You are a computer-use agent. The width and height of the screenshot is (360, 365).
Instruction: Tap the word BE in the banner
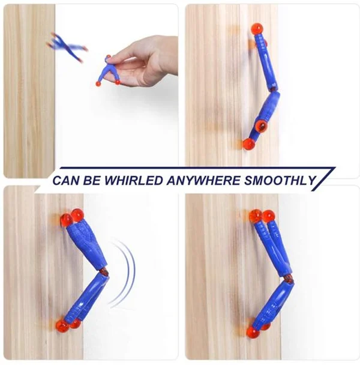91,179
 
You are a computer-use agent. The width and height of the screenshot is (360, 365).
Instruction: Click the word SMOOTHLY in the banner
277,179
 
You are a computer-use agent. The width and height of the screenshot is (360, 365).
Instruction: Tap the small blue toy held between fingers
108,71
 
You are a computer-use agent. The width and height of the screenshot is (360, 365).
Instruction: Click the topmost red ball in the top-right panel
257,29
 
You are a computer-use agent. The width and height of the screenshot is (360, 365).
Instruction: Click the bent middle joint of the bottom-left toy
103,272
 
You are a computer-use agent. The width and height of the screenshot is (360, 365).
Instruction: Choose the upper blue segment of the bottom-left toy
85,243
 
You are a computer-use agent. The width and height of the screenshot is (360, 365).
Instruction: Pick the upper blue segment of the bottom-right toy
274,246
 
